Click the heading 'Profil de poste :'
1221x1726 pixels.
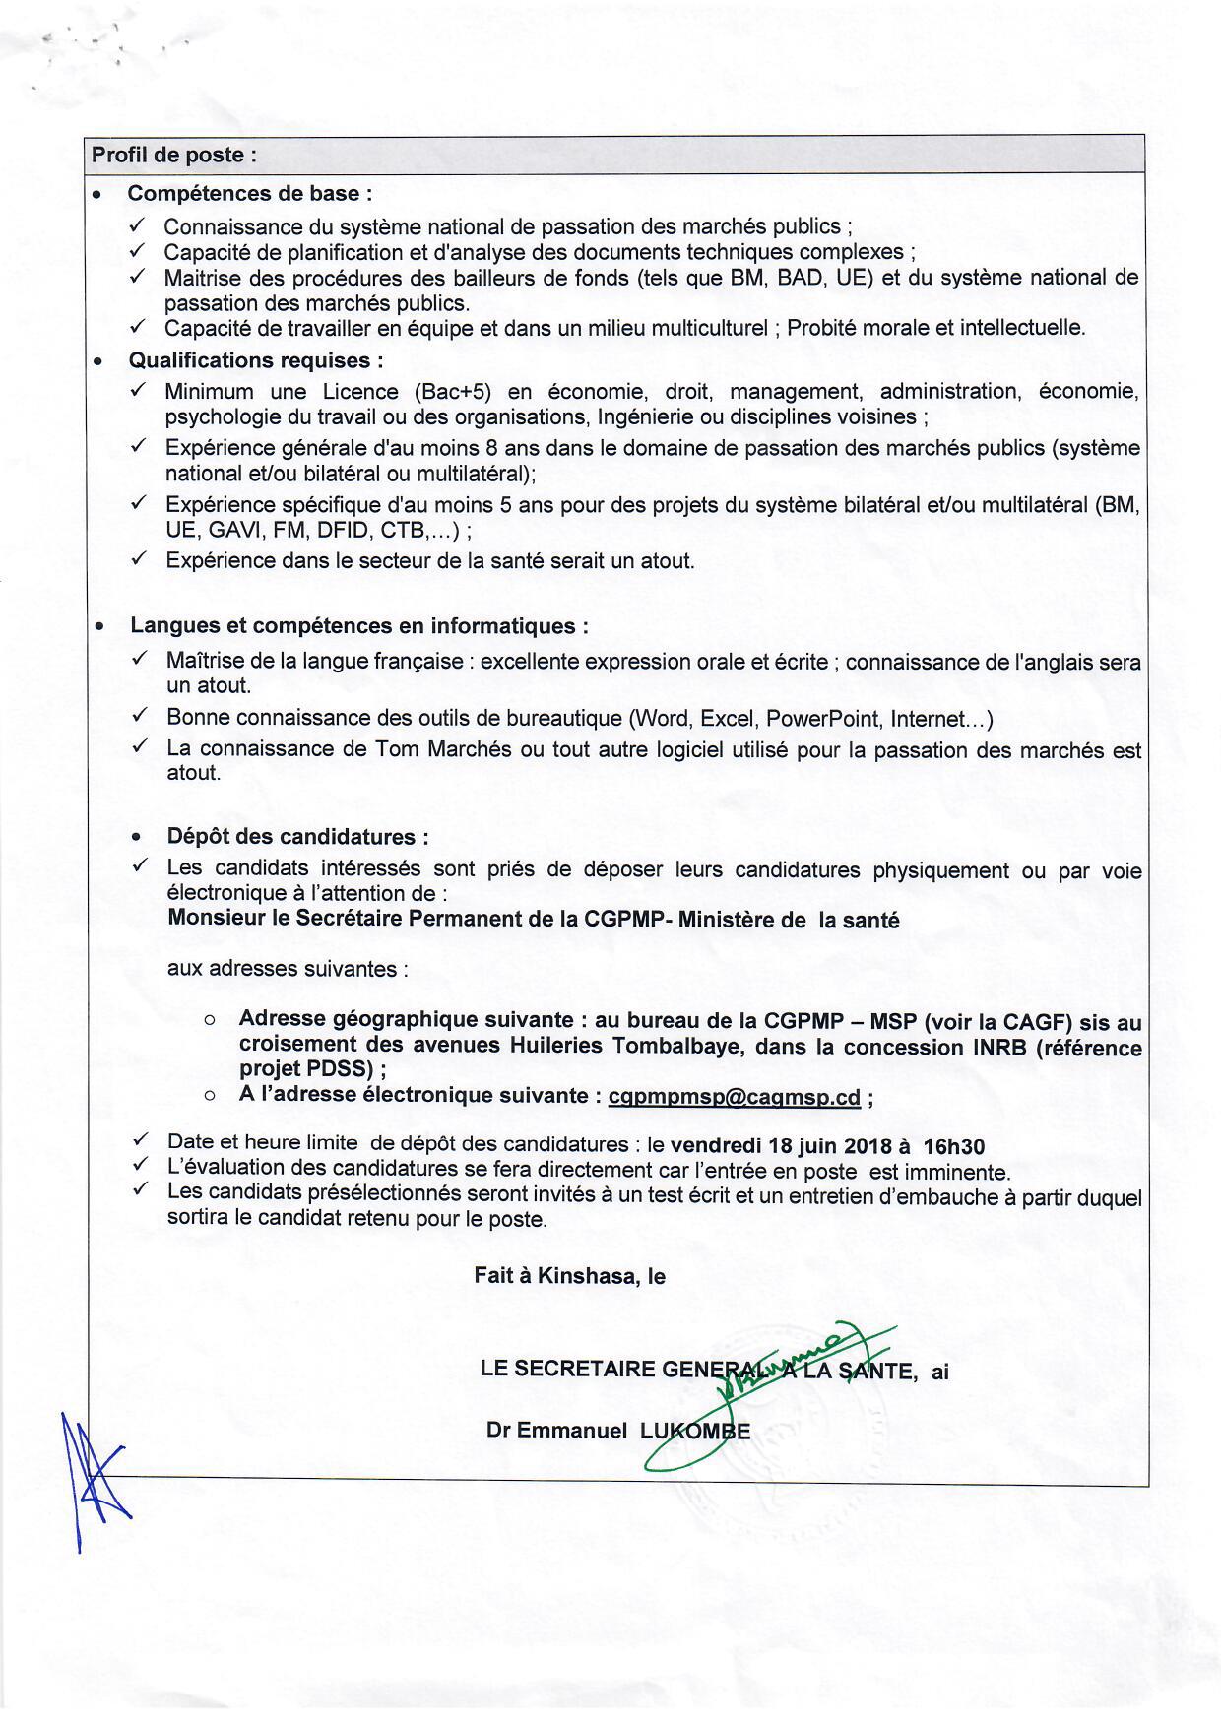174,155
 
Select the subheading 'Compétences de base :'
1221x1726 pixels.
250,193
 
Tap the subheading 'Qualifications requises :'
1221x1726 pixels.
256,360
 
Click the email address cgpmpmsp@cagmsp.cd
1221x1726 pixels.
735,1097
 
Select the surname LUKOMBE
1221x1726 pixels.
695,1431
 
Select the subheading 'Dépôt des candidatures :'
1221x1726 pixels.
297,837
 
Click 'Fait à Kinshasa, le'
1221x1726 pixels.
569,1276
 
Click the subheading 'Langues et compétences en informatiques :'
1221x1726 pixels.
359,626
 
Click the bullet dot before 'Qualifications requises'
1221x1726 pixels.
98,361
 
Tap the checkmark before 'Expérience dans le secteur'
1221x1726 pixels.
140,559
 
